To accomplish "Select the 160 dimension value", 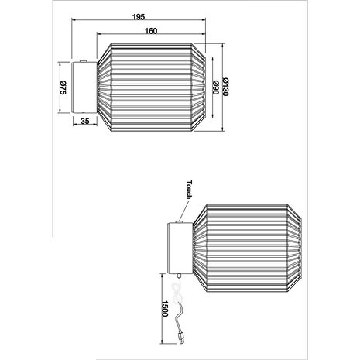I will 151,30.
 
